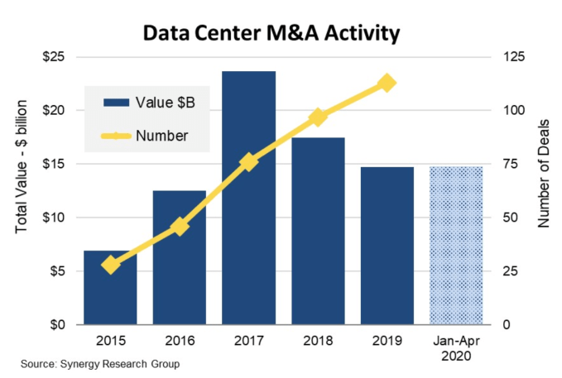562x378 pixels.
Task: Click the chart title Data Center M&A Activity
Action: [271, 33]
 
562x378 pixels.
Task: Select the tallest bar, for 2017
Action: [248, 199]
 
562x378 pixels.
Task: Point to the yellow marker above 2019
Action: [386, 83]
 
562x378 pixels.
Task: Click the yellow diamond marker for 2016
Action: [180, 226]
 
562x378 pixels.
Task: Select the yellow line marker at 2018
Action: [317, 117]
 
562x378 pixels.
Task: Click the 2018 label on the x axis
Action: [317, 340]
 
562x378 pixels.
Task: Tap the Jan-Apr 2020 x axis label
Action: [455, 347]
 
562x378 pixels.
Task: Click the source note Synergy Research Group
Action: [100, 364]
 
